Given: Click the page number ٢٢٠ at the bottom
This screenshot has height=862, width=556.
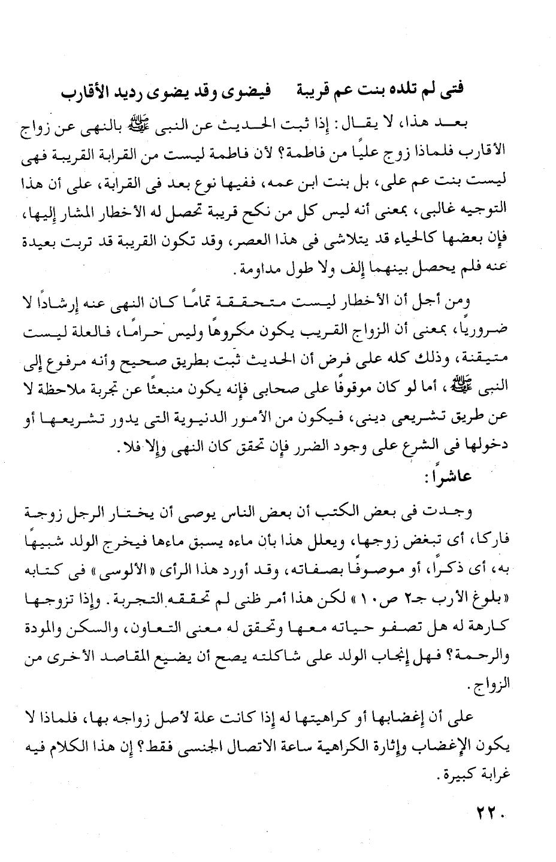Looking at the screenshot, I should click(x=491, y=813).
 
